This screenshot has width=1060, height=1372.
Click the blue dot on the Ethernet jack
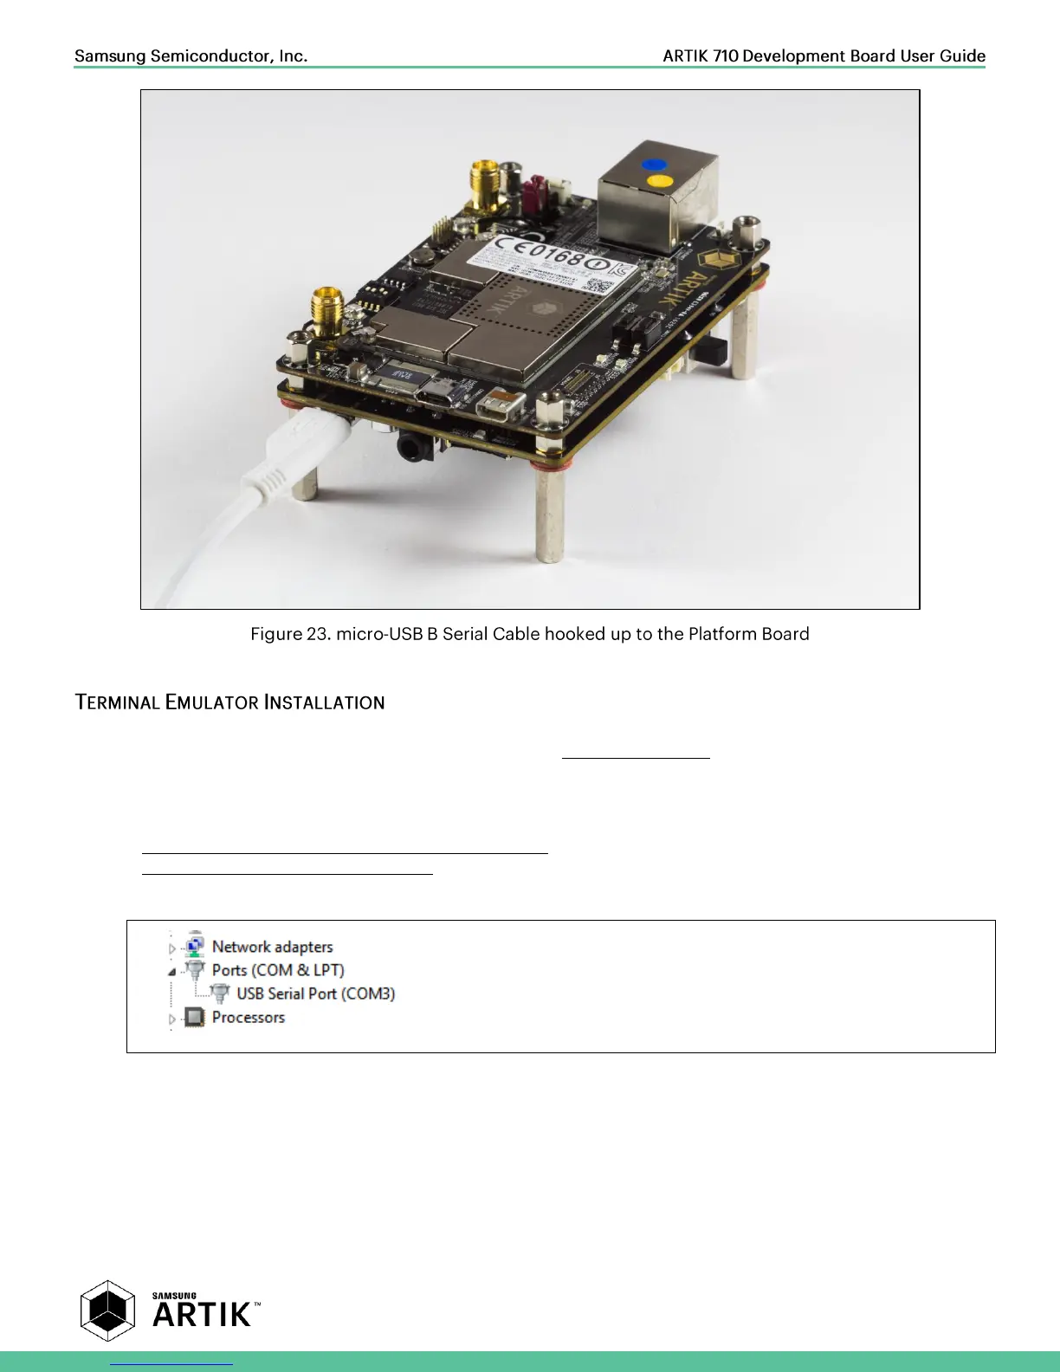654,164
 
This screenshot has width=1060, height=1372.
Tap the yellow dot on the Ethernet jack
660,181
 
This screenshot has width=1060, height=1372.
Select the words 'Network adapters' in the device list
272,947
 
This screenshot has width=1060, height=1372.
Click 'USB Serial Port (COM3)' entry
315,993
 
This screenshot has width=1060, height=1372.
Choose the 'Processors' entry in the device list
248,1017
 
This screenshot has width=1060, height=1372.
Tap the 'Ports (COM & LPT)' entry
277,970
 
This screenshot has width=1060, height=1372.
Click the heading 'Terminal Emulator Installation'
229,702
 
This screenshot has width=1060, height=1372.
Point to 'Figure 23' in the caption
289,634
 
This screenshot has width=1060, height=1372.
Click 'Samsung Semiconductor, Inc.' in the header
191,56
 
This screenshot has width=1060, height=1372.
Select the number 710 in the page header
726,56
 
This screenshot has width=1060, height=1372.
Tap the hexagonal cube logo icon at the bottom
107,1311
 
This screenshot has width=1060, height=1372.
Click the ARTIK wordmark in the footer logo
202,1315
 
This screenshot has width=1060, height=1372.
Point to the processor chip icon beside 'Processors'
195,1017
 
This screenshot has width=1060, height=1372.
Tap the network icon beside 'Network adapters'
195,944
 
